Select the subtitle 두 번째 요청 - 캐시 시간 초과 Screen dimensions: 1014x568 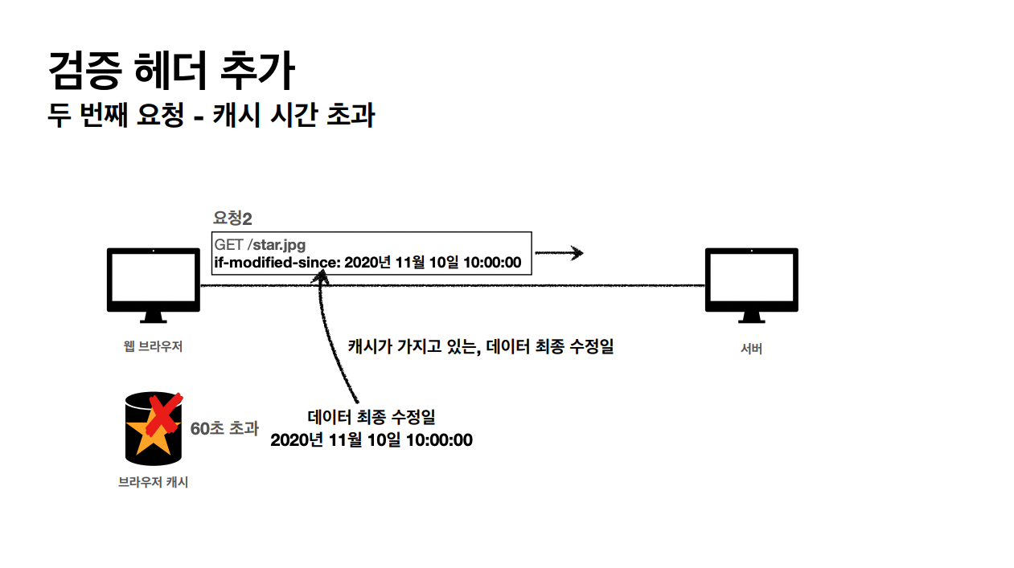[x=211, y=116]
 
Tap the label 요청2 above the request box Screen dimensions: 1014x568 [x=232, y=219]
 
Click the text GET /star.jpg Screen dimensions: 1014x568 [x=260, y=244]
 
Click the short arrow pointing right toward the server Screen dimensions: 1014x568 [x=560, y=254]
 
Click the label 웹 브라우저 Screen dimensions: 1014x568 [x=153, y=346]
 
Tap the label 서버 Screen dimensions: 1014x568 [x=751, y=349]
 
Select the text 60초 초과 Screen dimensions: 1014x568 [x=224, y=428]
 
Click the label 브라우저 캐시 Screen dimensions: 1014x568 [x=153, y=483]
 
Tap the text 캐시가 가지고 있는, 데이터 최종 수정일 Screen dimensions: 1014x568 [x=480, y=346]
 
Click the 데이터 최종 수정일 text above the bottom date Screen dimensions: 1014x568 [x=372, y=417]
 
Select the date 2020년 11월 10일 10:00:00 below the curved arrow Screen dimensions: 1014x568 [x=372, y=440]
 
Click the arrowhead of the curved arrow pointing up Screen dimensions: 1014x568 [x=323, y=276]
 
